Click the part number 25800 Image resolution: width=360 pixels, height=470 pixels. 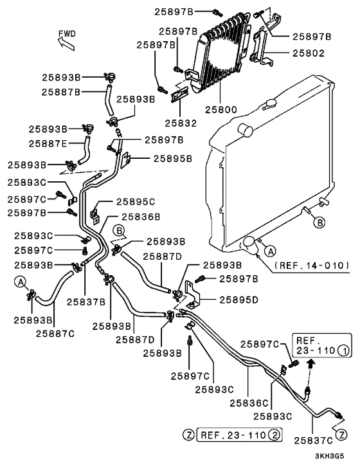(221, 110)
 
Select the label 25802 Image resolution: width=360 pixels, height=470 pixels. (309, 53)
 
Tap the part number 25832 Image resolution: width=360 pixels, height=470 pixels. (181, 123)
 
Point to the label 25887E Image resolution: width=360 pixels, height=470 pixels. (48, 143)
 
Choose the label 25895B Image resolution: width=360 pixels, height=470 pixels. (173, 159)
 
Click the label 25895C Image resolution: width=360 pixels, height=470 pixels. (136, 202)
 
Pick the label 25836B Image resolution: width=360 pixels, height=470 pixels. (141, 217)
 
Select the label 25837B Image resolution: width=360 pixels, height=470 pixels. (86, 302)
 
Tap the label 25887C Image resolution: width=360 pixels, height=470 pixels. (55, 334)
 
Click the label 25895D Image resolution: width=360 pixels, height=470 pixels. (239, 300)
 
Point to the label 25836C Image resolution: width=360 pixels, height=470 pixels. (249, 403)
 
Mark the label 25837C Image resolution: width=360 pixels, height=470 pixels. (313, 440)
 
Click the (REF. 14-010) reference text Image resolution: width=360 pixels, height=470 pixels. (312, 266)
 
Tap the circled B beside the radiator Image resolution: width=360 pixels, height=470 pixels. (319, 222)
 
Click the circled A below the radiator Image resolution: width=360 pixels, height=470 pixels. (271, 251)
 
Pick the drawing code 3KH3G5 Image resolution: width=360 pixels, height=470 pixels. (329, 456)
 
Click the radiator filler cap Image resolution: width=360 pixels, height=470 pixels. (270, 104)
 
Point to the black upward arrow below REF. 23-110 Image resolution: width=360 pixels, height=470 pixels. (311, 365)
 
